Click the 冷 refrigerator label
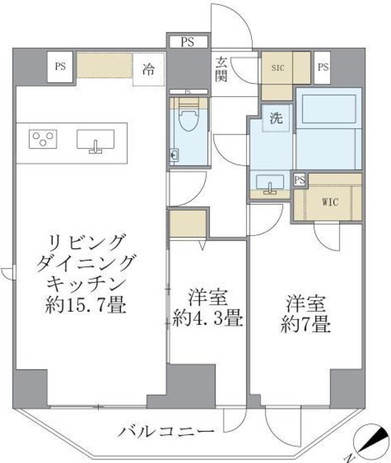click(x=148, y=70)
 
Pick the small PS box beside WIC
click(x=298, y=179)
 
